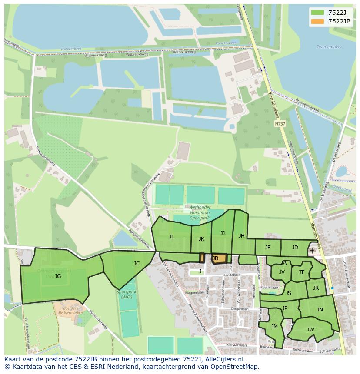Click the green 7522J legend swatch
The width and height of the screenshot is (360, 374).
tap(318, 13)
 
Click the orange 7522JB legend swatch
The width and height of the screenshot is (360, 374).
tap(318, 21)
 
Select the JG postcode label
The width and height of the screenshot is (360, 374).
tap(58, 276)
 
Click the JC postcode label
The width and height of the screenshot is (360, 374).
tap(137, 263)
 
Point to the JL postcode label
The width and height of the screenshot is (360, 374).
tap(171, 237)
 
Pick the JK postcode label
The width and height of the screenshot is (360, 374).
tap(201, 238)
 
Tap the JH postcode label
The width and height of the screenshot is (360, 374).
tap(241, 236)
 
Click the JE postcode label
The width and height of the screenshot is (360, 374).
tap(268, 248)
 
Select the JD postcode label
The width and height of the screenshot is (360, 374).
tap(295, 248)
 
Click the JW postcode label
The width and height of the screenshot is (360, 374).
tap(310, 330)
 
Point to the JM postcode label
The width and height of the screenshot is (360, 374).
tap(274, 327)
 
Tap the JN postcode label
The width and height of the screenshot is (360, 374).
tap(320, 310)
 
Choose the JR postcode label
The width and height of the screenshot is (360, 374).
tap(316, 288)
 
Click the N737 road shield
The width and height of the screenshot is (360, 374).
tap(280, 124)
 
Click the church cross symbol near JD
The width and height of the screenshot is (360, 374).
tap(312, 251)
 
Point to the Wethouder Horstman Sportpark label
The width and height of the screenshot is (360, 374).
tap(200, 212)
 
